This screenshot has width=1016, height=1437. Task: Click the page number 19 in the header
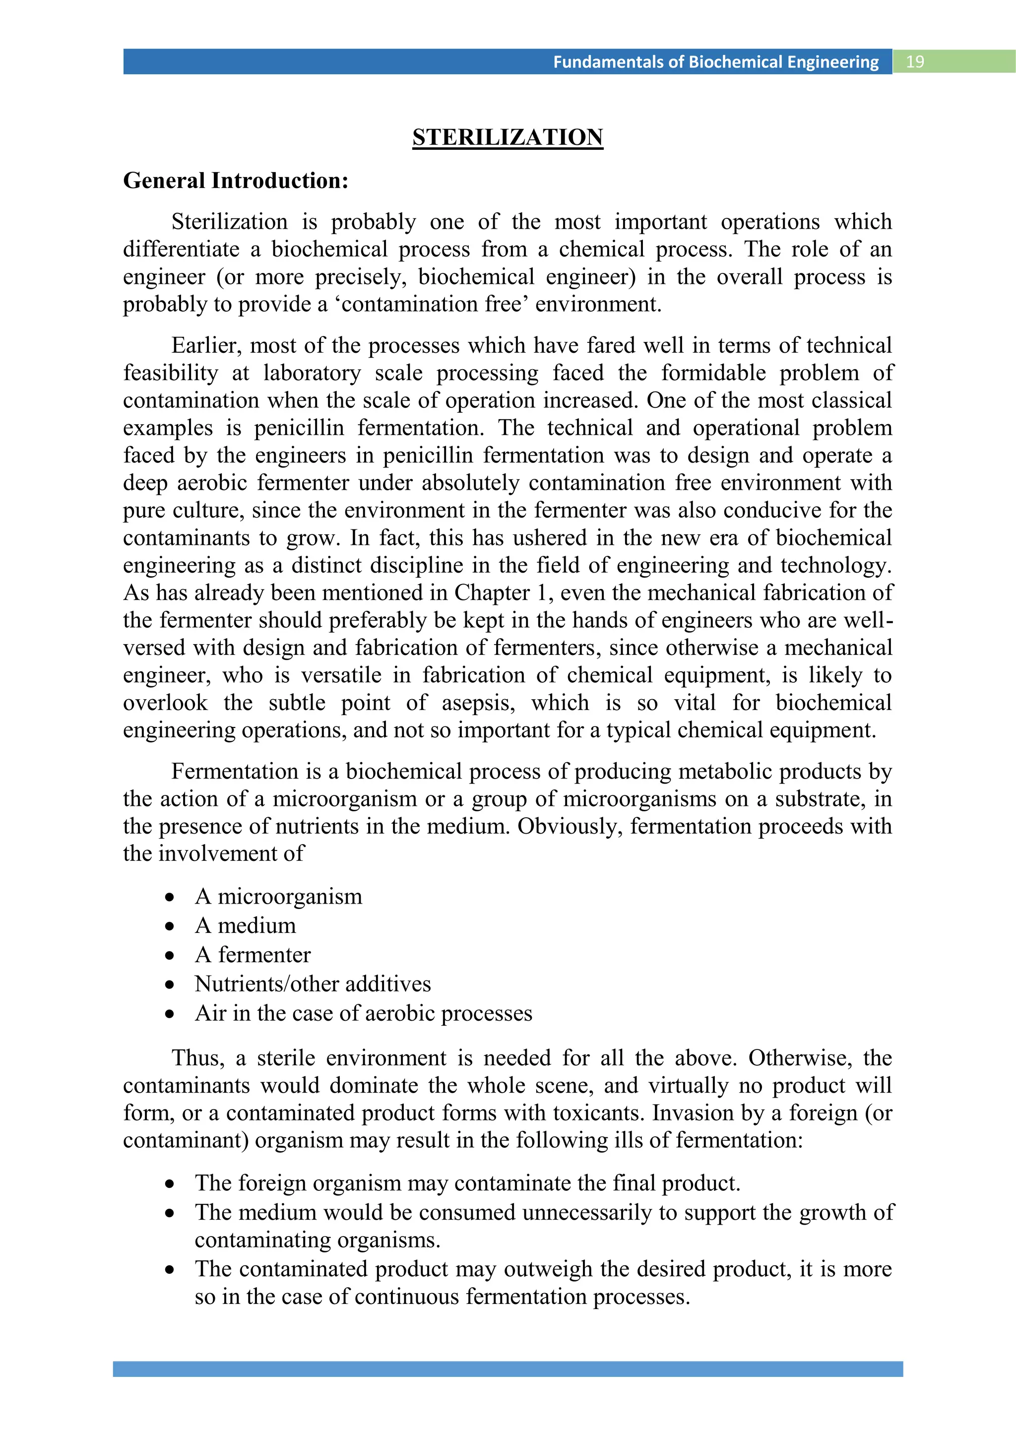pyautogui.click(x=915, y=62)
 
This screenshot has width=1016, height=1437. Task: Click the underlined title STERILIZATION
pyautogui.click(x=508, y=137)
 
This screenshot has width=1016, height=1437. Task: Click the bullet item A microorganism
pyautogui.click(x=278, y=896)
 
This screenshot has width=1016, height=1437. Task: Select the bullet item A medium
pyautogui.click(x=245, y=925)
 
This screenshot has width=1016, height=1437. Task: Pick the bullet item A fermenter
pyautogui.click(x=253, y=955)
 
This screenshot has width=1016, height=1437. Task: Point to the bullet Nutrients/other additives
pyautogui.click(x=313, y=983)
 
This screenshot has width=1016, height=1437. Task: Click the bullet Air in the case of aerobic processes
pyautogui.click(x=364, y=1013)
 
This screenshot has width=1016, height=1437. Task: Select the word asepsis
pyautogui.click(x=478, y=703)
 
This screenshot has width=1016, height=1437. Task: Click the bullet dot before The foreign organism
pyautogui.click(x=170, y=1184)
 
